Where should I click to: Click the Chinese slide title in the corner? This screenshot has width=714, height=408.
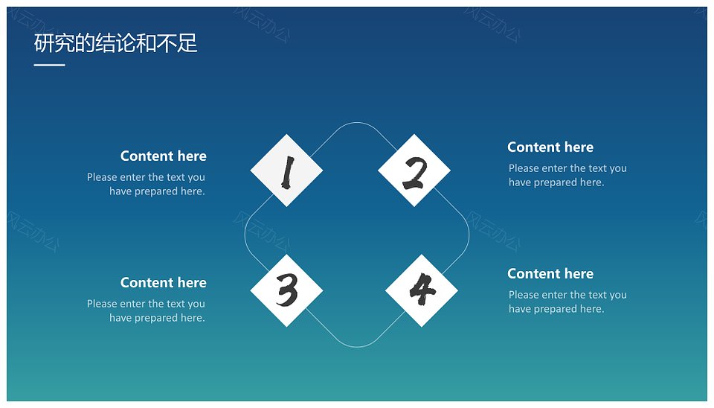[116, 43]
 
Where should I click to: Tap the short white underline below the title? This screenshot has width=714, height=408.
[49, 66]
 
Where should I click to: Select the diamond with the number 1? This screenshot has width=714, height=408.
[286, 170]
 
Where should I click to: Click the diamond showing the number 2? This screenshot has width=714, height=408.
[414, 170]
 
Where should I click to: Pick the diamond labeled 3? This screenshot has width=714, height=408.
[286, 290]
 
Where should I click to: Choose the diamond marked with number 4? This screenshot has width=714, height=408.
[422, 290]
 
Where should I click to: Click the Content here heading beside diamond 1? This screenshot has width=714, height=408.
[164, 156]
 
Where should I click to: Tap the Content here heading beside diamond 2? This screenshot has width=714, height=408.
[550, 147]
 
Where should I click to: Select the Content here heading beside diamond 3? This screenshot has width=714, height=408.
[164, 283]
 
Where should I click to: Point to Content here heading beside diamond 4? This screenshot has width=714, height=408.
[550, 273]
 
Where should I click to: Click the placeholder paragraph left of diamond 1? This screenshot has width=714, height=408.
[147, 184]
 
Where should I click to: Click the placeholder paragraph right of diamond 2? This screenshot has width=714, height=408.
[567, 176]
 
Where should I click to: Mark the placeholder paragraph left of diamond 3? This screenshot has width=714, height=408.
[147, 311]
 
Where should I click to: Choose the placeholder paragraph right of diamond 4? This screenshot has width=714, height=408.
[567, 302]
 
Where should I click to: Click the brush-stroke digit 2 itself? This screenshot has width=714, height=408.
[415, 173]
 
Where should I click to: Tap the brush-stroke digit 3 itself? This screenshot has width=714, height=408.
[287, 290]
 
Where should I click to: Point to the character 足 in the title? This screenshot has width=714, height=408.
[187, 43]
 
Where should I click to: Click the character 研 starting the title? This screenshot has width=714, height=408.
[44, 43]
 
